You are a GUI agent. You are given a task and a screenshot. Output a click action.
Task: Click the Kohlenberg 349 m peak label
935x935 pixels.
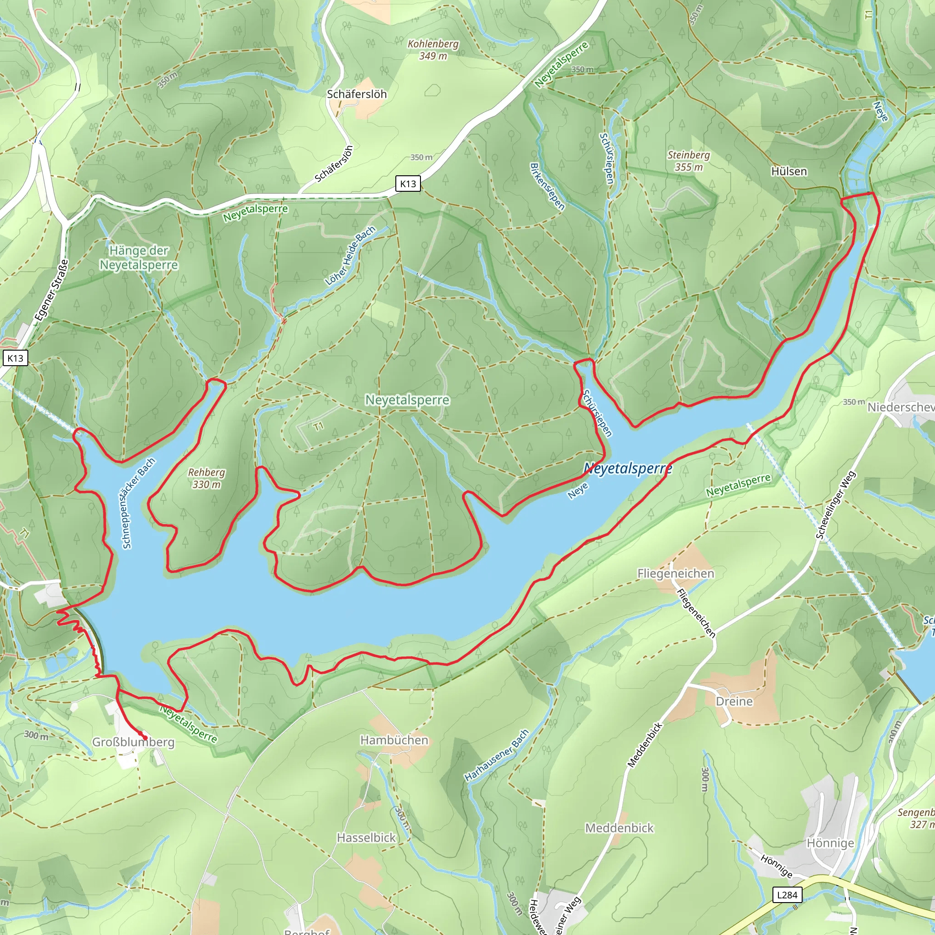(x=433, y=50)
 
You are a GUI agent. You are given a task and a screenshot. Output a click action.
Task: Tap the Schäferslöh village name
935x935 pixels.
(x=357, y=95)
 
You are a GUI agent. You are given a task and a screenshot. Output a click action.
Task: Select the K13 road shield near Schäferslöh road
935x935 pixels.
(x=408, y=184)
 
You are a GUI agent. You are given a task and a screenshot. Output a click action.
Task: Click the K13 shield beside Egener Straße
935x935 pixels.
(x=15, y=358)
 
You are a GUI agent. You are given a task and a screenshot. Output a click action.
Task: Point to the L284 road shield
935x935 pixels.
(x=787, y=895)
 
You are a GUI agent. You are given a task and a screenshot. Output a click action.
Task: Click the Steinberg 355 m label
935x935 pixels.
(x=688, y=161)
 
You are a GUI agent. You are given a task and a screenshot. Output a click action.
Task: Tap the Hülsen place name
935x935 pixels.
(x=789, y=172)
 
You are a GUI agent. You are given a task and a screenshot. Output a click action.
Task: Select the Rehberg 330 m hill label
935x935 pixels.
(x=207, y=478)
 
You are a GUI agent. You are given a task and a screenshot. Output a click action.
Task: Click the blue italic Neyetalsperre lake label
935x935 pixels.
(x=628, y=468)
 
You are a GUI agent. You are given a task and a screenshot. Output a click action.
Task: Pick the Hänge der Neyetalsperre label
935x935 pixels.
(x=139, y=258)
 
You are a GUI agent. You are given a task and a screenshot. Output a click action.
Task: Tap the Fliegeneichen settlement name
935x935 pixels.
(x=676, y=573)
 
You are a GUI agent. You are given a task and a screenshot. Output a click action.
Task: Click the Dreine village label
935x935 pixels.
(x=734, y=701)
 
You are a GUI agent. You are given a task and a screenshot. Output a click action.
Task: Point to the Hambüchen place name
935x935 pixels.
(x=394, y=740)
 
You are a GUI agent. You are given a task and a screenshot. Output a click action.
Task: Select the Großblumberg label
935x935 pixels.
(x=133, y=742)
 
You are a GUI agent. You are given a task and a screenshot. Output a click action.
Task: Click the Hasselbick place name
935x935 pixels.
(x=366, y=837)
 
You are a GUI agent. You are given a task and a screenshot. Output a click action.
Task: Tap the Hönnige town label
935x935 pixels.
(x=830, y=843)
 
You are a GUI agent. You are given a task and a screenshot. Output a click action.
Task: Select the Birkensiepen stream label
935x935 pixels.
(x=547, y=186)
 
